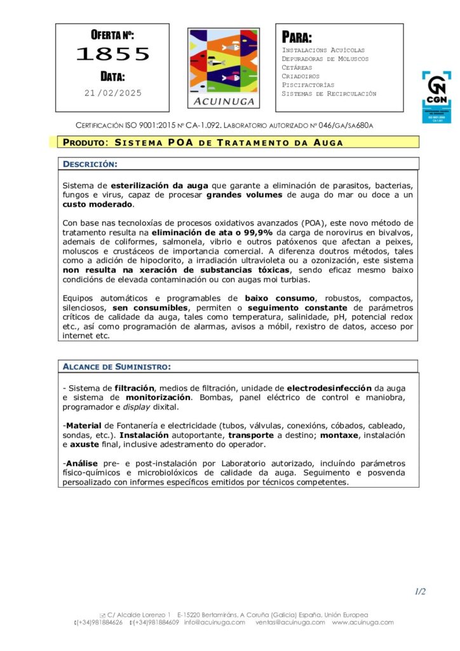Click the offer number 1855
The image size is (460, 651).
(x=112, y=55)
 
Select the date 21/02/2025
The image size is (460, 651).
(x=113, y=93)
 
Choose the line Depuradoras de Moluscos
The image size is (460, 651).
(x=325, y=58)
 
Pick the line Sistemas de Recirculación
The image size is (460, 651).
(x=328, y=93)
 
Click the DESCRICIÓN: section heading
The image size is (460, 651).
(x=90, y=164)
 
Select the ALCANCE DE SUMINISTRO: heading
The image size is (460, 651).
(x=116, y=366)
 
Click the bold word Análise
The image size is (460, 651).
(x=84, y=463)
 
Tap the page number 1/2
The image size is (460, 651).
(x=420, y=591)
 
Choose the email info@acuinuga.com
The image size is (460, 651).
(x=214, y=622)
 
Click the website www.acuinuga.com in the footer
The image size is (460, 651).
(x=363, y=622)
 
